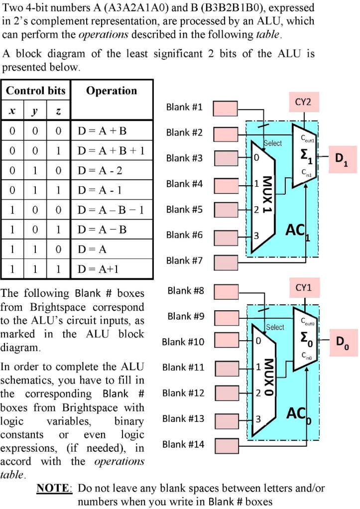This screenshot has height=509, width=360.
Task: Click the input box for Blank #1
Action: [226, 108]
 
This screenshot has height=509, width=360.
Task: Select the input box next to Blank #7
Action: [226, 261]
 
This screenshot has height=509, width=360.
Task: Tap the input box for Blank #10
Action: [226, 343]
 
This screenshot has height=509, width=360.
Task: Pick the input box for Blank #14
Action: [226, 445]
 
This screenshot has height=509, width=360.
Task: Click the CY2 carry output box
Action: [303, 103]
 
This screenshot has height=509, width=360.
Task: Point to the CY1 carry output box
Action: [303, 288]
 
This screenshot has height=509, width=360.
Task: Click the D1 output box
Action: [342, 159]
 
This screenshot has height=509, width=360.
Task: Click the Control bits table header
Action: [35, 91]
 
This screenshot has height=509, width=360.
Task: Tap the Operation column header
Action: [112, 91]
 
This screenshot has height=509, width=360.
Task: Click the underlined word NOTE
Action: [55, 489]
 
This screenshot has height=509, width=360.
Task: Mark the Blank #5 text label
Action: [184, 210]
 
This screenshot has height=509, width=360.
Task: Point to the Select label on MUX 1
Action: [272, 143]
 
